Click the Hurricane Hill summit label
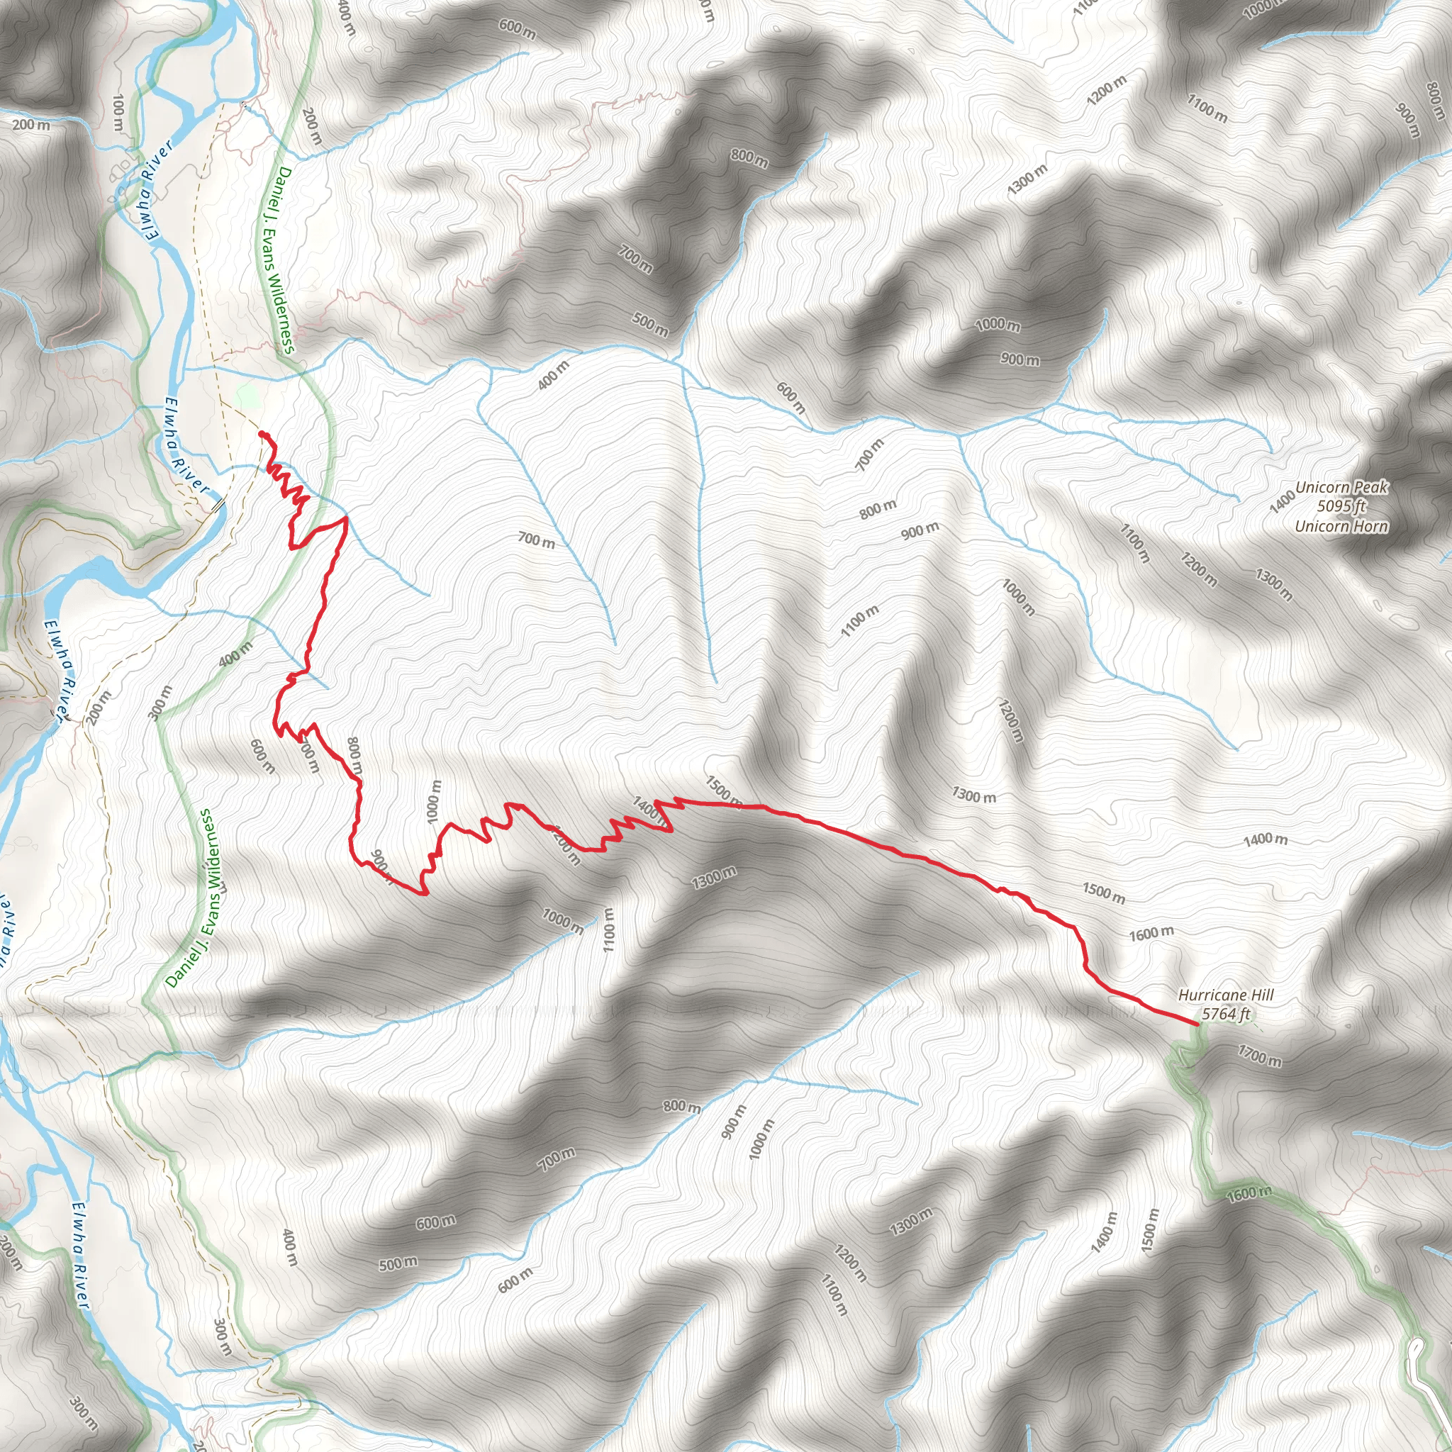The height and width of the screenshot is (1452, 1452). (1225, 995)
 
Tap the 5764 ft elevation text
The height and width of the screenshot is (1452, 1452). (1226, 1014)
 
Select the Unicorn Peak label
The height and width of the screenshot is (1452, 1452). (1341, 487)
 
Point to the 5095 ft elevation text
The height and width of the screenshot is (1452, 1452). (1341, 506)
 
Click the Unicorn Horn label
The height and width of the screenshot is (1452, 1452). (1341, 526)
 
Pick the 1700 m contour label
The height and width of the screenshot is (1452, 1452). (1260, 1056)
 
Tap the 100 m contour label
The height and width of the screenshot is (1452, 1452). (118, 114)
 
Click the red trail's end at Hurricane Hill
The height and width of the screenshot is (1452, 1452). (1197, 1024)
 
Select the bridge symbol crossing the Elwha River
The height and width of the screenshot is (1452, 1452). (218, 505)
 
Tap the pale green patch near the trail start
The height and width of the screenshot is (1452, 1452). (247, 396)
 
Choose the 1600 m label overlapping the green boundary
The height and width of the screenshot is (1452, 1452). (1249, 1193)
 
